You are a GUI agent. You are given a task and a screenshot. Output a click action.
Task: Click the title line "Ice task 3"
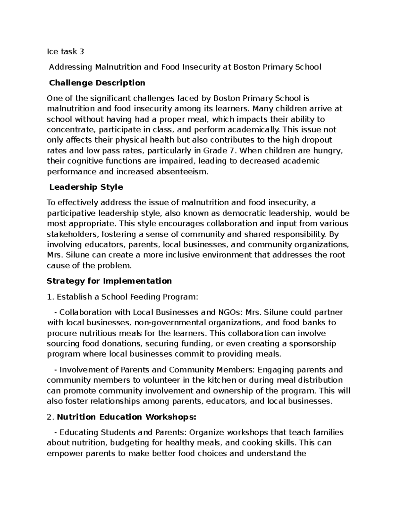65,51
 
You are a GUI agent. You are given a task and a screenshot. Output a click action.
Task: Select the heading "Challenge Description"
97,83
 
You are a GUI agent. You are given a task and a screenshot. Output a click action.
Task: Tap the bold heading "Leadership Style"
86,187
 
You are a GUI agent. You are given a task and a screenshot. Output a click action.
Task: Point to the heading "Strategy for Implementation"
109,281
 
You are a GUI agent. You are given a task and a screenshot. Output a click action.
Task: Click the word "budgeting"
130,443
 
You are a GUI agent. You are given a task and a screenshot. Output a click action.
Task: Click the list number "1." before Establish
50,297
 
